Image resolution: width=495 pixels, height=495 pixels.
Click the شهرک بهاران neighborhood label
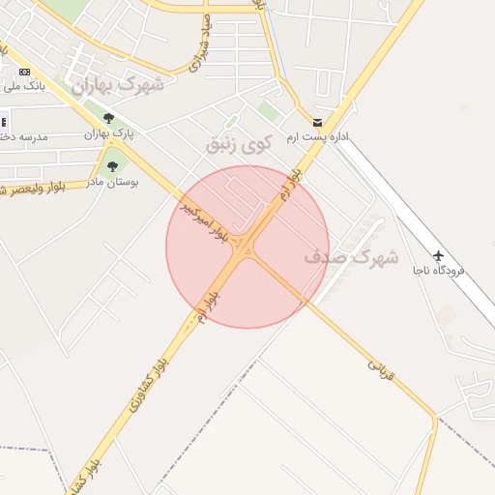[119, 85]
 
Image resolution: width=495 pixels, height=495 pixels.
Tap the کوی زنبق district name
[233, 144]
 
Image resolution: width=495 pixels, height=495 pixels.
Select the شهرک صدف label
[351, 257]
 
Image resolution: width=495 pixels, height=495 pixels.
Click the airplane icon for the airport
[439, 255]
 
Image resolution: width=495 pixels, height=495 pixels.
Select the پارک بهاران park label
[107, 133]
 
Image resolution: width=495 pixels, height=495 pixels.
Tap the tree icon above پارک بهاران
[108, 119]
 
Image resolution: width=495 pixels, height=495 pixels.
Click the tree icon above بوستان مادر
[113, 166]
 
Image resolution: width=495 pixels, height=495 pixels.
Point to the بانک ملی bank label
[24, 86]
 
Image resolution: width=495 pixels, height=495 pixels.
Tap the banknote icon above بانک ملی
[24, 72]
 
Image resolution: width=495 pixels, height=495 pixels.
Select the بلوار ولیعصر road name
[33, 187]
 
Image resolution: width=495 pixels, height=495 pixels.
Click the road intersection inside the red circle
[248, 247]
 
